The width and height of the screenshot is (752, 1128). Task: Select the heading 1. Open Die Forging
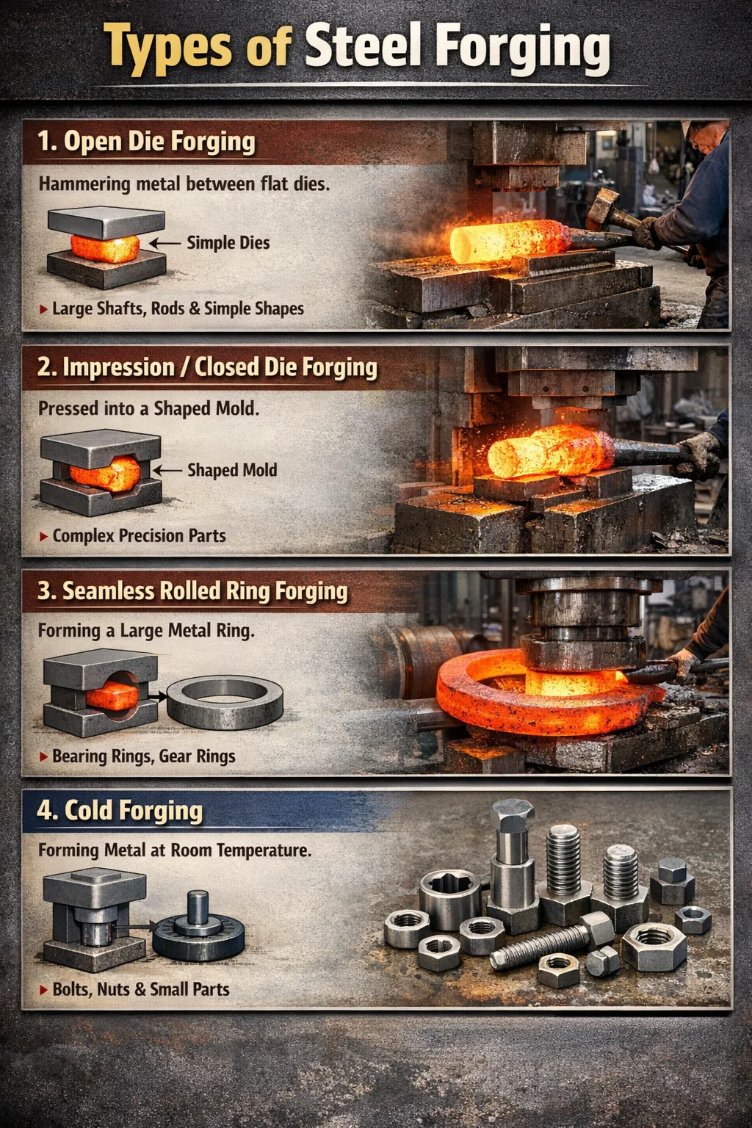point(146,142)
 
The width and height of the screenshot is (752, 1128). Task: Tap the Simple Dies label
point(228,243)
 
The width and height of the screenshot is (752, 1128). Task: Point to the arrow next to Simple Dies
point(165,244)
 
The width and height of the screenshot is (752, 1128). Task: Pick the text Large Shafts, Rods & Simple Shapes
point(178,308)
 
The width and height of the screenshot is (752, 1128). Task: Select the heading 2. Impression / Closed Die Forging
point(207,368)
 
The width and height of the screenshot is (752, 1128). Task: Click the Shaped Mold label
point(232,470)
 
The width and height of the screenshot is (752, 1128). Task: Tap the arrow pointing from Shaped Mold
point(167,471)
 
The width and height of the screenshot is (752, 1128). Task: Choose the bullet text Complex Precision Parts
point(139,536)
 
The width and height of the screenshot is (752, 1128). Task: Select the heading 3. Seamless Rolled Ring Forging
point(192,591)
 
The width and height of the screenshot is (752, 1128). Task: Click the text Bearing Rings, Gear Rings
point(143,756)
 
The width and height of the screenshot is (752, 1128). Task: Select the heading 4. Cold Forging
point(120,811)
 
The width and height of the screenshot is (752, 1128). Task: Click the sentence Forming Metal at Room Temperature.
point(175,850)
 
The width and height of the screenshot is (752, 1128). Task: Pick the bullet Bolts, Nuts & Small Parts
point(140,989)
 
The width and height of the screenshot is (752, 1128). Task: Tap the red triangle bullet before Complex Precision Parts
point(44,537)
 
